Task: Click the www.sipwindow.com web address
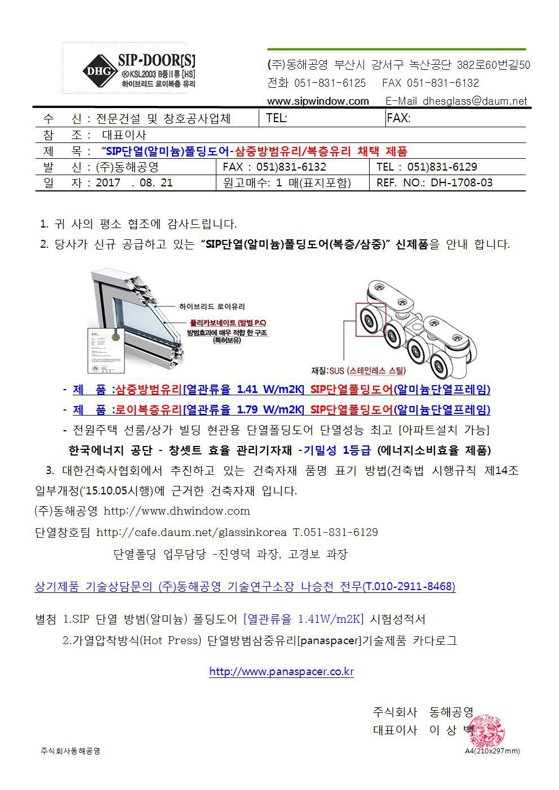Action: pyautogui.click(x=318, y=101)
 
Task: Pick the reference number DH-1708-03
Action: pyautogui.click(x=462, y=182)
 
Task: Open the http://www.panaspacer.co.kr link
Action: pyautogui.click(x=281, y=671)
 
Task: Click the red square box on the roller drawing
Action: pyautogui.click(x=370, y=320)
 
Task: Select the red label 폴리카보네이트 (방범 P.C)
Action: pyautogui.click(x=228, y=323)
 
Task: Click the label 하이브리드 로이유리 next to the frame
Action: pyautogui.click(x=212, y=306)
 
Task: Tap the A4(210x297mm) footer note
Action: pyautogui.click(x=492, y=751)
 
